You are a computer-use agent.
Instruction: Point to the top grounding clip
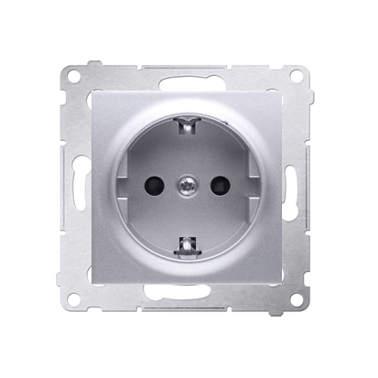(189, 125)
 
